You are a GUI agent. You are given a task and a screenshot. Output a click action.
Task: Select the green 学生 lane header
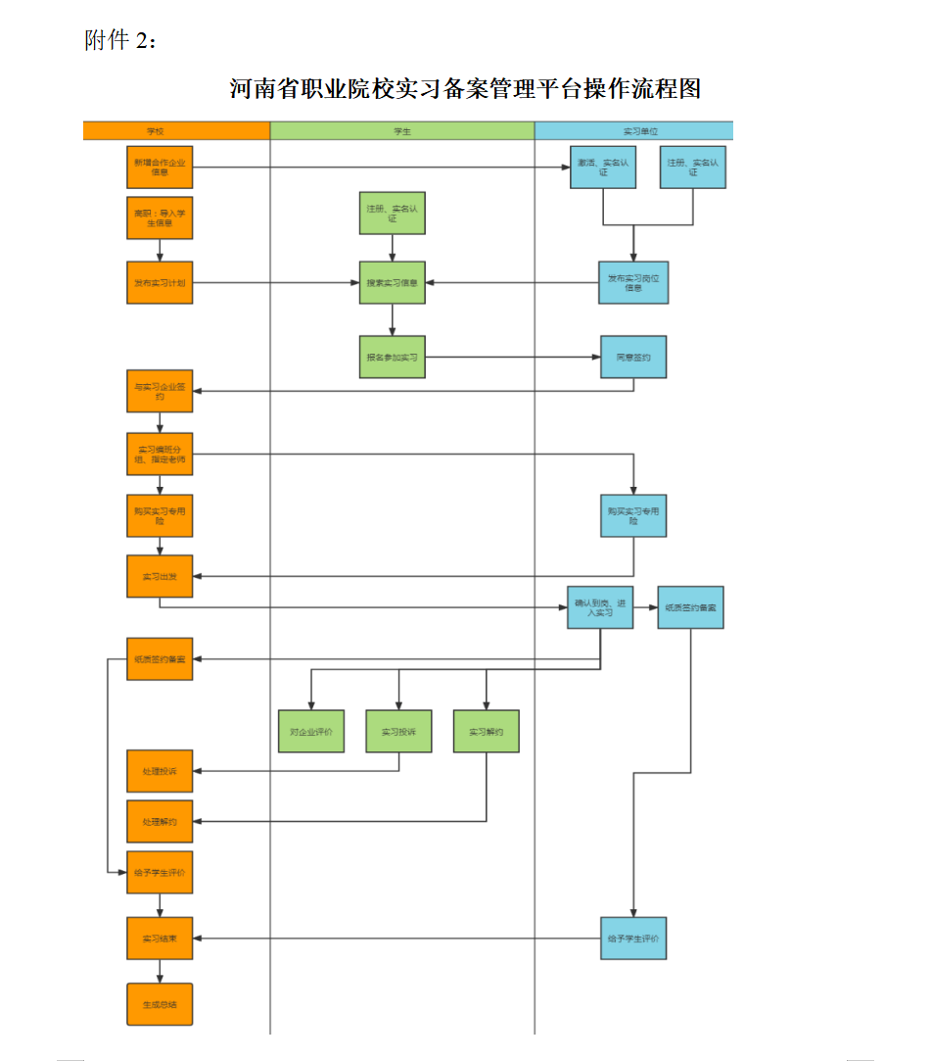click(402, 130)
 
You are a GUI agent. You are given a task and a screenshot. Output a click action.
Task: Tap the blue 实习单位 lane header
click(634, 130)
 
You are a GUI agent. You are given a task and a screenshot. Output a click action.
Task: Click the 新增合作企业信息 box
click(160, 167)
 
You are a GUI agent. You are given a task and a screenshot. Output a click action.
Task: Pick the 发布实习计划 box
click(160, 283)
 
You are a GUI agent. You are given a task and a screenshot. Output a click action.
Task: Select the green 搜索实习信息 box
click(393, 283)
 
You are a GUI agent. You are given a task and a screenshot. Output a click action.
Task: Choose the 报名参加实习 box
click(393, 358)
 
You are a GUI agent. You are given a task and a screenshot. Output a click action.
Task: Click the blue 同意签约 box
click(633, 358)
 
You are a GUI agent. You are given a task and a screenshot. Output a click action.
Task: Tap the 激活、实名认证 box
click(603, 167)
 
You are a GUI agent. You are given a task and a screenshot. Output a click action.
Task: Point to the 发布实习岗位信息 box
click(633, 283)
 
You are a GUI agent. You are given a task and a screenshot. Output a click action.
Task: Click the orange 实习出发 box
click(160, 576)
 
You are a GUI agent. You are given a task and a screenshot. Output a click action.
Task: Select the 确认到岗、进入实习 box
click(600, 607)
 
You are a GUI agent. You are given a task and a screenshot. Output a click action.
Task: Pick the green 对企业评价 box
click(311, 732)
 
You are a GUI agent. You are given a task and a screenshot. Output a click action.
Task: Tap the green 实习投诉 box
click(398, 732)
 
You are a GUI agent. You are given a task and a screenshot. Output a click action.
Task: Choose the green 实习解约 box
click(486, 732)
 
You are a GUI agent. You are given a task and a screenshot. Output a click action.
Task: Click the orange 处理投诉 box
click(160, 771)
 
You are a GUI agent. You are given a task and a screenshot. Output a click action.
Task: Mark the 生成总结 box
click(160, 1004)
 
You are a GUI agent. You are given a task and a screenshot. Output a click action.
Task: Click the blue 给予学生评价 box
click(633, 939)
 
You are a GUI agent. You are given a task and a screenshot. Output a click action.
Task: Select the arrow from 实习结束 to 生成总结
click(160, 971)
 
